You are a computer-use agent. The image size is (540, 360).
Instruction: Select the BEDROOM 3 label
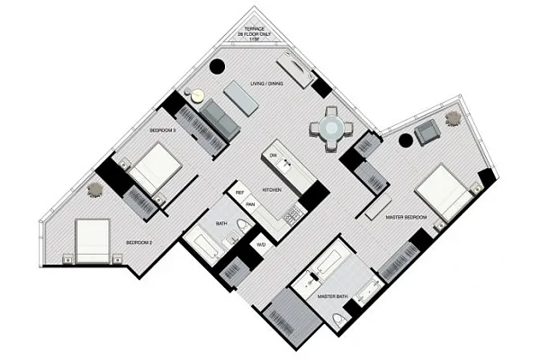pos(162,131)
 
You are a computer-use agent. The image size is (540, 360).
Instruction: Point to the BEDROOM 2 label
pos(138,242)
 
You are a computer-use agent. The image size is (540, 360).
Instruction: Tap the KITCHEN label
pos(274,191)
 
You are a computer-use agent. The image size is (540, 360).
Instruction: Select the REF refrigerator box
pos(239,193)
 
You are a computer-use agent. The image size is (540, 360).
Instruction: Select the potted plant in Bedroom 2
pos(94,189)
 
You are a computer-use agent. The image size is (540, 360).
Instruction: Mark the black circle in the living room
pos(216,66)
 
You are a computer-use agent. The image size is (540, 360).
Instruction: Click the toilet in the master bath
pos(339,321)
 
